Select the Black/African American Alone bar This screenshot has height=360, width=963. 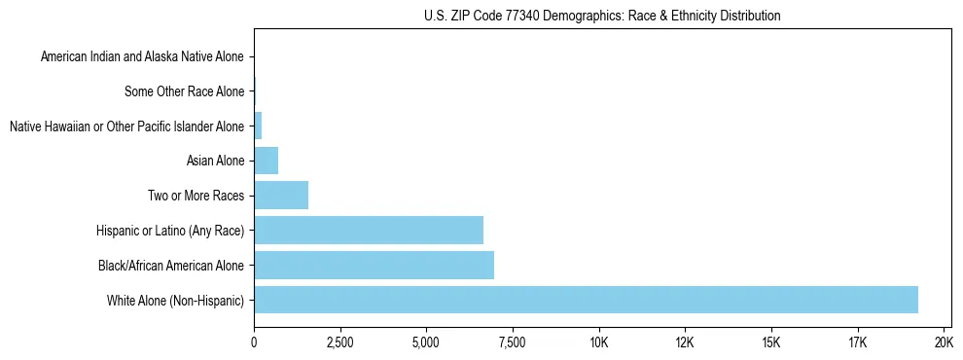point(374,265)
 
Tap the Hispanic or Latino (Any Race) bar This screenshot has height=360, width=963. point(369,230)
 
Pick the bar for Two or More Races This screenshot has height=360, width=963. point(281,195)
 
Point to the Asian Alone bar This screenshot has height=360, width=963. point(266,160)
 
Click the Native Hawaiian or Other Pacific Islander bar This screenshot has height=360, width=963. point(258,125)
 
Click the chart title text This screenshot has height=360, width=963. point(602,16)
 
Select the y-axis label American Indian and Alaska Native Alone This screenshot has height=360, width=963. point(143,57)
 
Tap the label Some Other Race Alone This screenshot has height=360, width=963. point(185,92)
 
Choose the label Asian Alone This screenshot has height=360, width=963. point(215,161)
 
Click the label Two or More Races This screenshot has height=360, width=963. point(196,196)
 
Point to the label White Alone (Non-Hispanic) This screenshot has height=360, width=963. point(176,301)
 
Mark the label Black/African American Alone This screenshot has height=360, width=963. point(171,266)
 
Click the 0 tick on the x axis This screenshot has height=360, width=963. point(254,342)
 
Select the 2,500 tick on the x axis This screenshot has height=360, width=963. point(339,342)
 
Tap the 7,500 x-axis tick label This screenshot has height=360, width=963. point(512,342)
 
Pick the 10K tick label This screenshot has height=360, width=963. point(598,342)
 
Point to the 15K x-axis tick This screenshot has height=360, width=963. point(770,342)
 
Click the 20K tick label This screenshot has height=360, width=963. point(943,342)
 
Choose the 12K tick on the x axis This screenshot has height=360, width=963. point(684,342)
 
